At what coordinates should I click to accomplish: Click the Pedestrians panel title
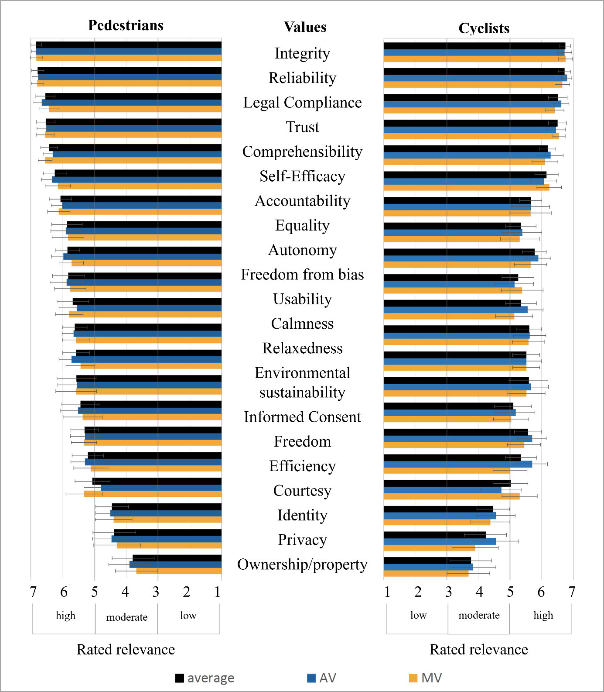pyautogui.click(x=126, y=25)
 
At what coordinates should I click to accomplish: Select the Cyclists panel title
pyautogui.click(x=484, y=28)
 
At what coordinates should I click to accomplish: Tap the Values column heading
pyautogui.click(x=305, y=27)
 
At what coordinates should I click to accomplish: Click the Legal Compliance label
pyautogui.click(x=302, y=103)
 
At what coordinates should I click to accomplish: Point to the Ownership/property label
pyautogui.click(x=302, y=565)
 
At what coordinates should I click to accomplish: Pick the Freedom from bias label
pyautogui.click(x=302, y=275)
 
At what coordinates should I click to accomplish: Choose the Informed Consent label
pyautogui.click(x=302, y=417)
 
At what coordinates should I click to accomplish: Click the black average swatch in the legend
pyautogui.click(x=179, y=678)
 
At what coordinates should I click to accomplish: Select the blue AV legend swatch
pyautogui.click(x=311, y=678)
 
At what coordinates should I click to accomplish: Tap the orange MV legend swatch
pyautogui.click(x=413, y=678)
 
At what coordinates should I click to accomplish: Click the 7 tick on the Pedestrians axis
pyautogui.click(x=33, y=592)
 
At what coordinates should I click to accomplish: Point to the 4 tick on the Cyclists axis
pyautogui.click(x=479, y=592)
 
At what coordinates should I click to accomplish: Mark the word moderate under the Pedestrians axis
pyautogui.click(x=126, y=617)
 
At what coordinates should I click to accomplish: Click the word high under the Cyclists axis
pyautogui.click(x=543, y=615)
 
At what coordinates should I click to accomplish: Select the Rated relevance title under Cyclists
pyautogui.click(x=478, y=650)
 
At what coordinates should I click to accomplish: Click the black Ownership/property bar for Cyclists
pyautogui.click(x=427, y=561)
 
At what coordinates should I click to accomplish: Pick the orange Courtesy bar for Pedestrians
pyautogui.click(x=153, y=494)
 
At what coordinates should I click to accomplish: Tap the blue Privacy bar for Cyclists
pyautogui.click(x=440, y=541)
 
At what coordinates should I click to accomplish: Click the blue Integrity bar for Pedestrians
pyautogui.click(x=129, y=52)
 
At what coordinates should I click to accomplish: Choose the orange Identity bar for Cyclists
pyautogui.click(x=437, y=522)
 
